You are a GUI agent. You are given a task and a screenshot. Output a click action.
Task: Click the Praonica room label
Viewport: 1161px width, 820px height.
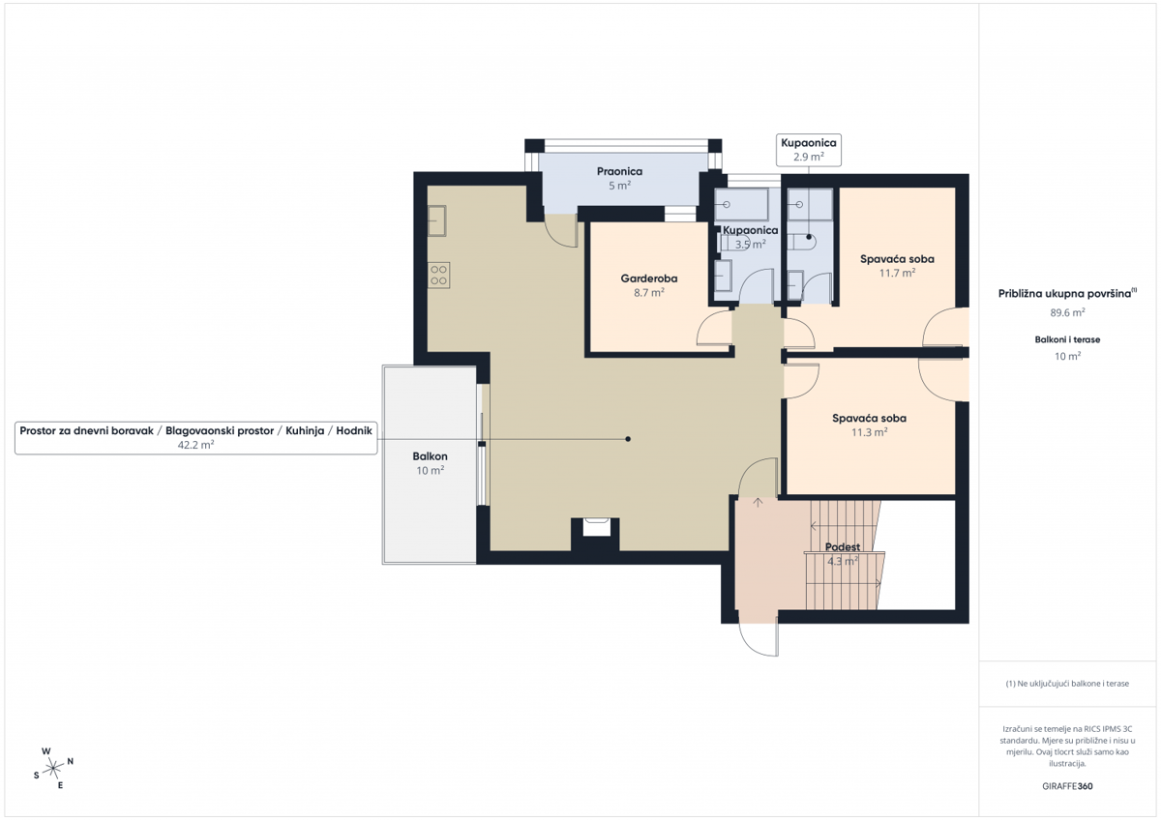619,171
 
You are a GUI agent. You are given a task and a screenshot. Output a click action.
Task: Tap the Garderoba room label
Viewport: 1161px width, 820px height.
649,278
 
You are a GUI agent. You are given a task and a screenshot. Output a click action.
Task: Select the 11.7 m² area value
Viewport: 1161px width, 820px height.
897,274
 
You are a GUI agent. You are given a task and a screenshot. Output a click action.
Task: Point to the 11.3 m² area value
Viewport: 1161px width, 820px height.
869,433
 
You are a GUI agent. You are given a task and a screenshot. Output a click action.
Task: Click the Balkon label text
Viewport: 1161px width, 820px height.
430,456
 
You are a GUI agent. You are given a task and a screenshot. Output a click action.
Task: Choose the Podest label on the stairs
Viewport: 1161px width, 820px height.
842,547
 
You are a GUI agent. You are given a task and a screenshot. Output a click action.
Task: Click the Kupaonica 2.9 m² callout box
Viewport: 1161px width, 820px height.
809,149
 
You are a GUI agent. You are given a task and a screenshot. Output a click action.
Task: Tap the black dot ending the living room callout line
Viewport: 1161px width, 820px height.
628,439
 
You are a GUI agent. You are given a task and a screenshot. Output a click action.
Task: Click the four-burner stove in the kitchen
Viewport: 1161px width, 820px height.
438,275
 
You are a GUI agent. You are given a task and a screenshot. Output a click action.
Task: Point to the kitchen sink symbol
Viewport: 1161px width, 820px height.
437,221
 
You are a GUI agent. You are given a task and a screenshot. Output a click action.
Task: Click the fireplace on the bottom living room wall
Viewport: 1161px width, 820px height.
595,528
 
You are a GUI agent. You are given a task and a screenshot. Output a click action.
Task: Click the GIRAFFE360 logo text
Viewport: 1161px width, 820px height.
1067,786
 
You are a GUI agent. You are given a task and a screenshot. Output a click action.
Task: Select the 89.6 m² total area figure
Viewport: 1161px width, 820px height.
1068,312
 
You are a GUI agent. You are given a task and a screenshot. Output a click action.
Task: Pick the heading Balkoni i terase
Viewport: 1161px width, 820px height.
1067,340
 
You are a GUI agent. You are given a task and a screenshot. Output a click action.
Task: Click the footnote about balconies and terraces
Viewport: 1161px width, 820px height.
1067,684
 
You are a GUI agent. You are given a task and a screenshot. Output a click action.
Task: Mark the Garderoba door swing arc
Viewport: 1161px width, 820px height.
714,332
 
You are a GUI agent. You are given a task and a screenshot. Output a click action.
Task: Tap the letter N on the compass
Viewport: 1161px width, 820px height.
71,762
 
